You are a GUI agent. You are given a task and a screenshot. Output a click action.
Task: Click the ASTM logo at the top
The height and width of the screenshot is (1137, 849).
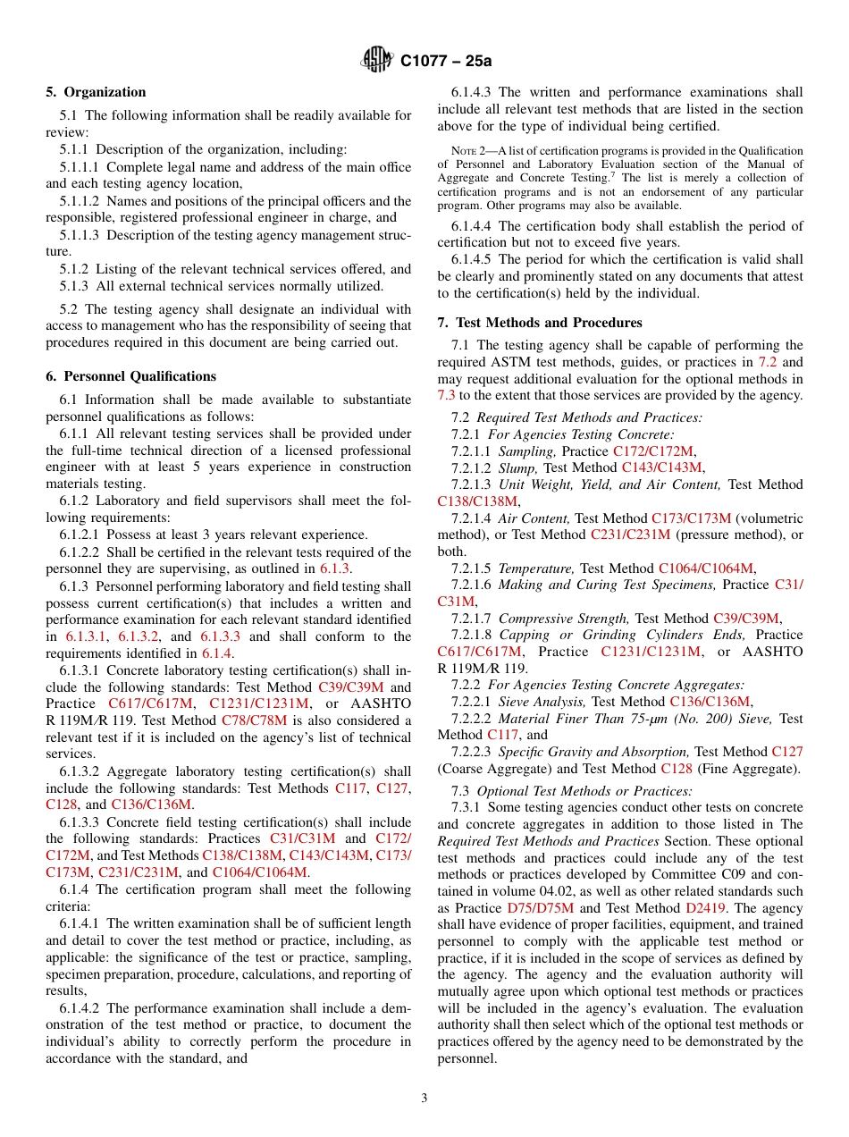coord(376,60)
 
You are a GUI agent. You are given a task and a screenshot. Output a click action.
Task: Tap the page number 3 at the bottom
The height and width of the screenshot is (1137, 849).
coord(424,1098)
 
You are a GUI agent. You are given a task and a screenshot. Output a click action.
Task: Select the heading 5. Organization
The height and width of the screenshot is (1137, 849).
coord(96,91)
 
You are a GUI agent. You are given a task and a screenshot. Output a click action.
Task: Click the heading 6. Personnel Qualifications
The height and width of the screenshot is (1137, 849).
coord(130,376)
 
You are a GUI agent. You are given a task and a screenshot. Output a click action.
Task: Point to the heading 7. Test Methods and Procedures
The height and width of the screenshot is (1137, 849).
coord(540,322)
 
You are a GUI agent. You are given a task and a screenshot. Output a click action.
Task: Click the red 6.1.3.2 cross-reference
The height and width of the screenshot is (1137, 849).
coord(139,636)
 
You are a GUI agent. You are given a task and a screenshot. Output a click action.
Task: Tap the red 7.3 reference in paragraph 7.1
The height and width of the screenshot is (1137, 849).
coord(446,395)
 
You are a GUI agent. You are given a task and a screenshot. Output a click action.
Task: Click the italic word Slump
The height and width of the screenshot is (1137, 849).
coord(517,467)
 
